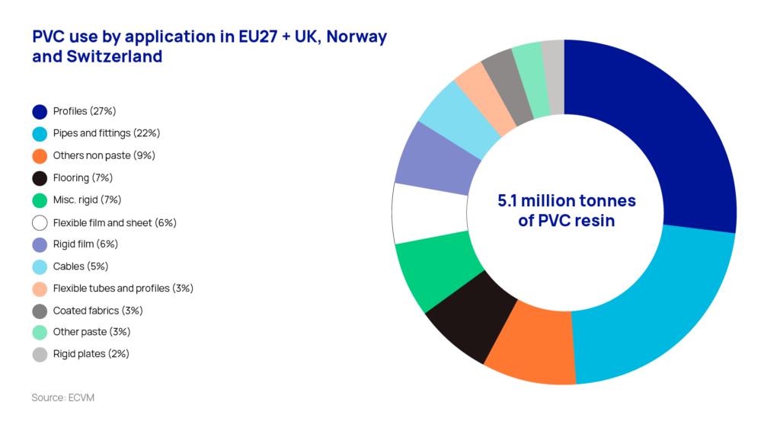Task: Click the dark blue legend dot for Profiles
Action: point(40,111)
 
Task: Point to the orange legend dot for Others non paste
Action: point(40,155)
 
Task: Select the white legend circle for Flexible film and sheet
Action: point(40,222)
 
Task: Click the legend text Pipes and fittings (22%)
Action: point(106,133)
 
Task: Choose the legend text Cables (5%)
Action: point(81,266)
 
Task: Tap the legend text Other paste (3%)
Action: point(89,332)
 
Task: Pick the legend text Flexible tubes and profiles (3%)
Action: point(123,289)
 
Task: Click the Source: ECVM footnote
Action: point(62,397)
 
